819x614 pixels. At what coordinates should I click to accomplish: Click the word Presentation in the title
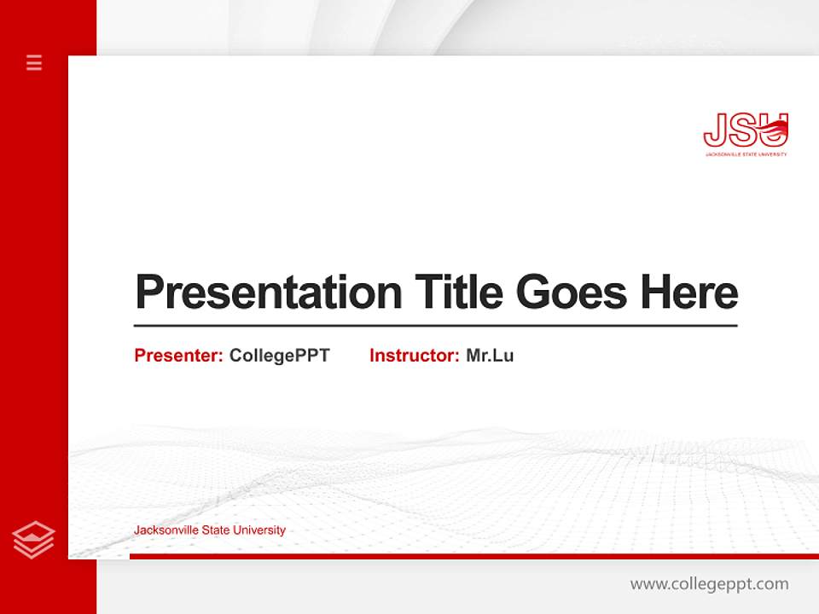[x=269, y=293]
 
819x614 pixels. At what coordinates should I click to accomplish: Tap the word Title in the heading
[x=459, y=293]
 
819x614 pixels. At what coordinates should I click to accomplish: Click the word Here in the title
[x=689, y=293]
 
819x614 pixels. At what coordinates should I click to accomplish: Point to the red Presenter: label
[x=178, y=356]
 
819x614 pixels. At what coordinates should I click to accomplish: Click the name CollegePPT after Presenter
[x=279, y=356]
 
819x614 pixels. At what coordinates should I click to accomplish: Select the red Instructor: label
[x=414, y=356]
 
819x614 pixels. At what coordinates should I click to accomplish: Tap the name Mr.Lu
[x=490, y=356]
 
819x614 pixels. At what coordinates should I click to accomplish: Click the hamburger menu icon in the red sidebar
[x=34, y=62]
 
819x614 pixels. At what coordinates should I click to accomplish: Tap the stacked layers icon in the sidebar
[x=34, y=539]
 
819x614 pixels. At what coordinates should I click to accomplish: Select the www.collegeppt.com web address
[x=709, y=584]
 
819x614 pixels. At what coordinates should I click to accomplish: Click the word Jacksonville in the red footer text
[x=164, y=530]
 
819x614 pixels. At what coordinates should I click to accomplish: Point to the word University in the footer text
[x=258, y=530]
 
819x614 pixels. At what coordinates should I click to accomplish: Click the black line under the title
[x=435, y=325]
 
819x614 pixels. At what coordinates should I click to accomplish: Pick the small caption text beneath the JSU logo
[x=746, y=154]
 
